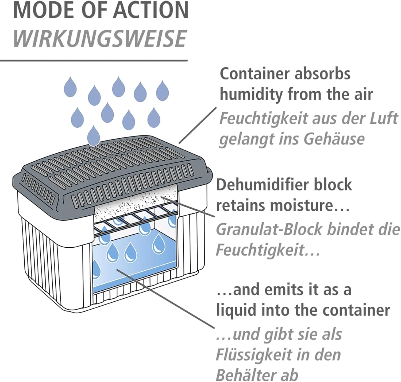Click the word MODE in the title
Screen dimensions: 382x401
[35, 10]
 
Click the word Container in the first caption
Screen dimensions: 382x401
[255, 74]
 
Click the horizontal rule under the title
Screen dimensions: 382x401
[94, 61]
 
